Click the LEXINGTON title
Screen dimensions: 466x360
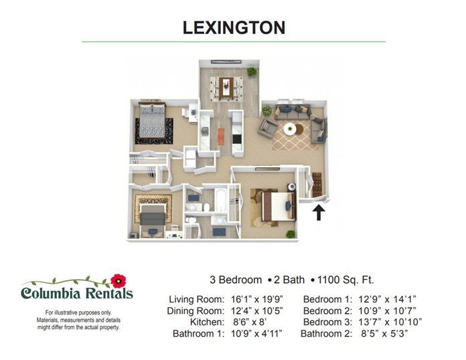[x=234, y=27]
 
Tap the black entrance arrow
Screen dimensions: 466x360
[x=319, y=213]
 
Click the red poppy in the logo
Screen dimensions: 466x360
[x=119, y=280]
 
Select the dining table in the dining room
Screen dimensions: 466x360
[x=226, y=88]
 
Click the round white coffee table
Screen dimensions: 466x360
[x=289, y=129]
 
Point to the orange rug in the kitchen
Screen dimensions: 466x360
[x=221, y=137]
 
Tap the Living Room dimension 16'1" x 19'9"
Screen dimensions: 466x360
[x=257, y=299]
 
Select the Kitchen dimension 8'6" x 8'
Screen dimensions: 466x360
[x=250, y=322]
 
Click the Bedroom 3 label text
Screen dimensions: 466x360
[x=327, y=322]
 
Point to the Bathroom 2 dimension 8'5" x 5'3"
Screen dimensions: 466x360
[x=384, y=333]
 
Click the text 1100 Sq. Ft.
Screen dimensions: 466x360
[x=345, y=280]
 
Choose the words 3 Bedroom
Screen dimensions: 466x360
[x=236, y=280]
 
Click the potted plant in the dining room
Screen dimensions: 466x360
[x=252, y=72]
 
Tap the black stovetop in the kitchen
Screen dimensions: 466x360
[x=237, y=139]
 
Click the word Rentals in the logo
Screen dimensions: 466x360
[x=109, y=293]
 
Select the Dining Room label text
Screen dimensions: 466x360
[x=196, y=310]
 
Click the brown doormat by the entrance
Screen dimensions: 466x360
[x=317, y=185]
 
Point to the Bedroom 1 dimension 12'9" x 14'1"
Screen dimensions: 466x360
[x=387, y=299]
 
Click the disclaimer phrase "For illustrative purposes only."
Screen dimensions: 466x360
[x=78, y=312]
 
